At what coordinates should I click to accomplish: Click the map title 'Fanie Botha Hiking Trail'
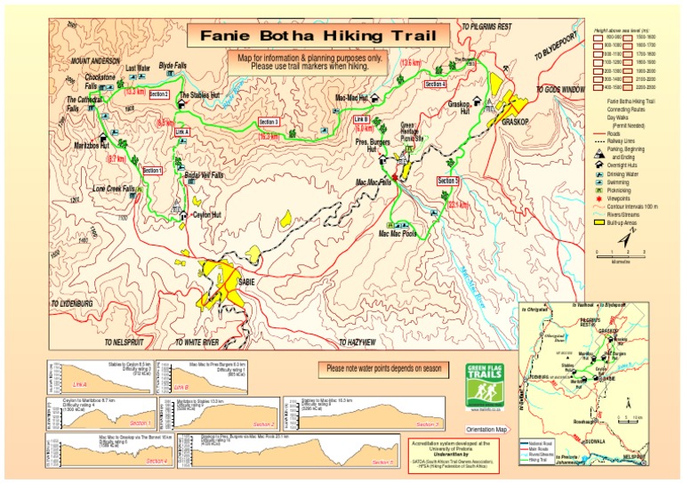pos(314,36)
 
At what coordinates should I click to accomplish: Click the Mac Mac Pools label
pos(398,234)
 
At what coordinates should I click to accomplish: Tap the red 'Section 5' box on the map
pos(449,180)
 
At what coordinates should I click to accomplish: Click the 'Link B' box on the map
pos(360,118)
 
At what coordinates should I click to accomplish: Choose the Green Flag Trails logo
pos(483,383)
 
